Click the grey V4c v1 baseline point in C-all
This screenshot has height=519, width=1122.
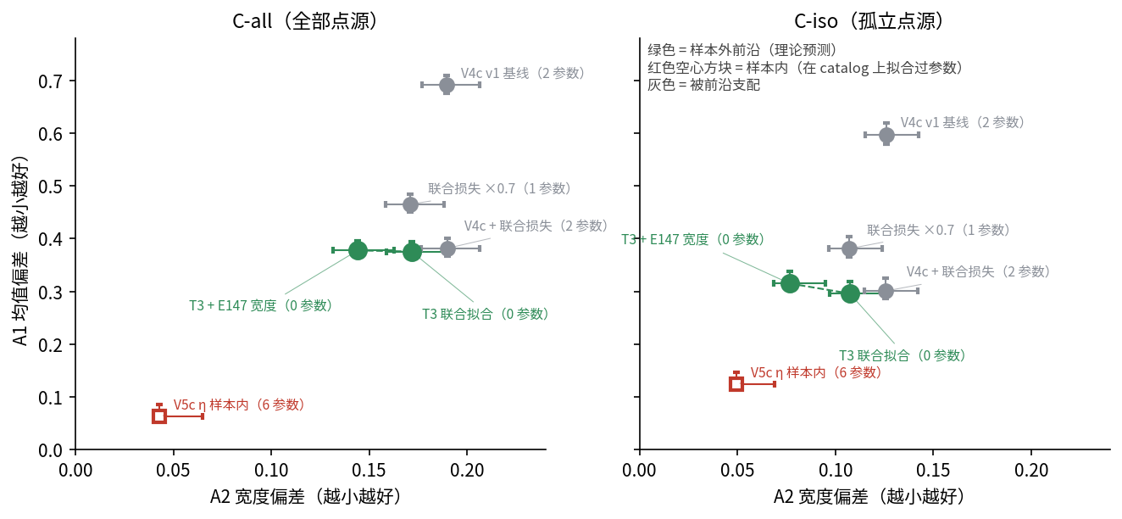(447, 86)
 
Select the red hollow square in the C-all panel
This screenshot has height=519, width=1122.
(159, 416)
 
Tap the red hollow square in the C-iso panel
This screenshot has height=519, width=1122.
(736, 384)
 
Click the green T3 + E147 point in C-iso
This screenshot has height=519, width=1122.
(790, 284)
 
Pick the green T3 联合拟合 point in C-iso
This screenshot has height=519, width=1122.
(850, 293)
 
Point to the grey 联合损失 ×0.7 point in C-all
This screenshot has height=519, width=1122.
(410, 204)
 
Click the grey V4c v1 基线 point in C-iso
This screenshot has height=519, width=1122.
(886, 135)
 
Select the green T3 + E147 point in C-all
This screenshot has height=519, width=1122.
(358, 250)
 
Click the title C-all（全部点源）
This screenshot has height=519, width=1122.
(305, 21)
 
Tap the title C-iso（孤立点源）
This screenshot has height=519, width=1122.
(869, 21)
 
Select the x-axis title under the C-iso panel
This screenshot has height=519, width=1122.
(869, 496)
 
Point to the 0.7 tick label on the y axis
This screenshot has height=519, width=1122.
(50, 81)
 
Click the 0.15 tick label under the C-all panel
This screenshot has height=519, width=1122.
(369, 471)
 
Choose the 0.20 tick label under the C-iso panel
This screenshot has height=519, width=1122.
(1031, 471)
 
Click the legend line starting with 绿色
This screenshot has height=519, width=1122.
(742, 50)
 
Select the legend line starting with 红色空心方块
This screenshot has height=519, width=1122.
(805, 68)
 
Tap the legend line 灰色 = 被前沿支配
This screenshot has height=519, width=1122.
(703, 85)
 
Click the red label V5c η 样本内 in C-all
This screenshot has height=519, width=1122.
(239, 405)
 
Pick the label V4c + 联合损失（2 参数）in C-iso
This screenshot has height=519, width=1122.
(978, 271)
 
